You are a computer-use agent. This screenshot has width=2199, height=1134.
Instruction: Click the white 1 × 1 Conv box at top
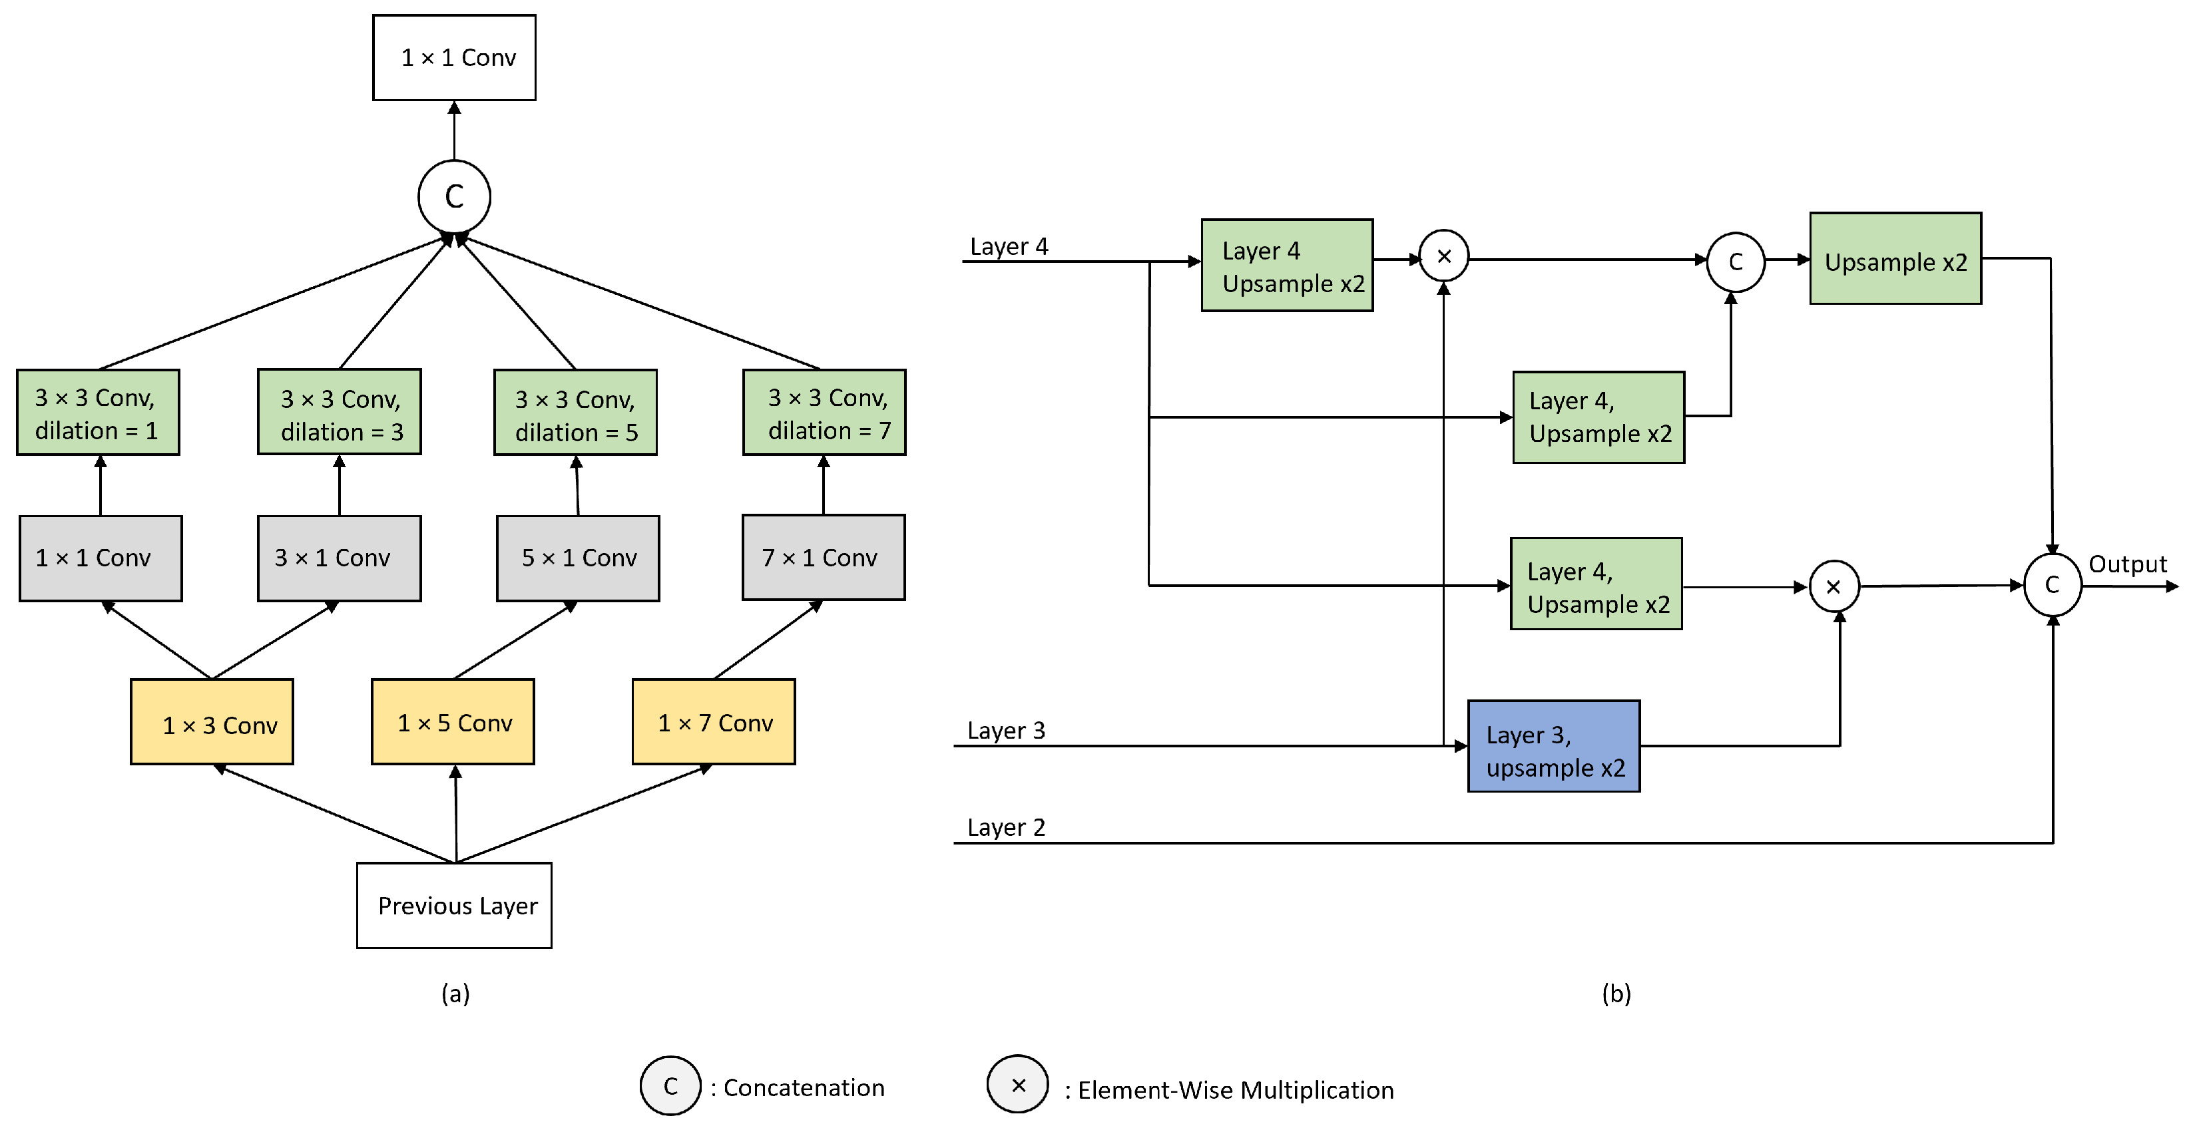tap(454, 57)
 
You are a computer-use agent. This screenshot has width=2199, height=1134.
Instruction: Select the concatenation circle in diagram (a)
tap(454, 196)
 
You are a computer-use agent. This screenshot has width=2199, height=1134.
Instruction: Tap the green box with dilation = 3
tap(340, 412)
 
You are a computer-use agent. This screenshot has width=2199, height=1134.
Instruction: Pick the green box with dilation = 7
tap(824, 412)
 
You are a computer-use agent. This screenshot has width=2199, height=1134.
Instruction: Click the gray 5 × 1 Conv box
tap(578, 558)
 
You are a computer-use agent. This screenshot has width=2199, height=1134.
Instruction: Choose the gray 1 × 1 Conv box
tap(101, 558)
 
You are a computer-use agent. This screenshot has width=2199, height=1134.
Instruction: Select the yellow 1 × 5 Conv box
tap(453, 722)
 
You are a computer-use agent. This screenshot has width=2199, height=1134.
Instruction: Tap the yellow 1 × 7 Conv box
tap(714, 722)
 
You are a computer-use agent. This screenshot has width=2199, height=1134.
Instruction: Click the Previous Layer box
tap(454, 905)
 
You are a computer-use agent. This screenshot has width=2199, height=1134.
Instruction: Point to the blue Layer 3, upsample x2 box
tap(1554, 747)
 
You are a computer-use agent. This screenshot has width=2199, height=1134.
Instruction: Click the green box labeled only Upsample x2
tap(1895, 258)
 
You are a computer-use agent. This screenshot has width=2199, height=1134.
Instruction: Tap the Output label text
tap(2127, 564)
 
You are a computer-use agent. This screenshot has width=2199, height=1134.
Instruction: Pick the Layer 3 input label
tap(1005, 731)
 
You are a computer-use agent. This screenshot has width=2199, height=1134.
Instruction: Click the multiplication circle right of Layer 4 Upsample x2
tap(1443, 256)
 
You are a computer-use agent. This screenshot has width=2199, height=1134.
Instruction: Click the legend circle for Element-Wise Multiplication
tap(1017, 1085)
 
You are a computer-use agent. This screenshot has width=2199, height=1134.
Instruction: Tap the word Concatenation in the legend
tap(804, 1088)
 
